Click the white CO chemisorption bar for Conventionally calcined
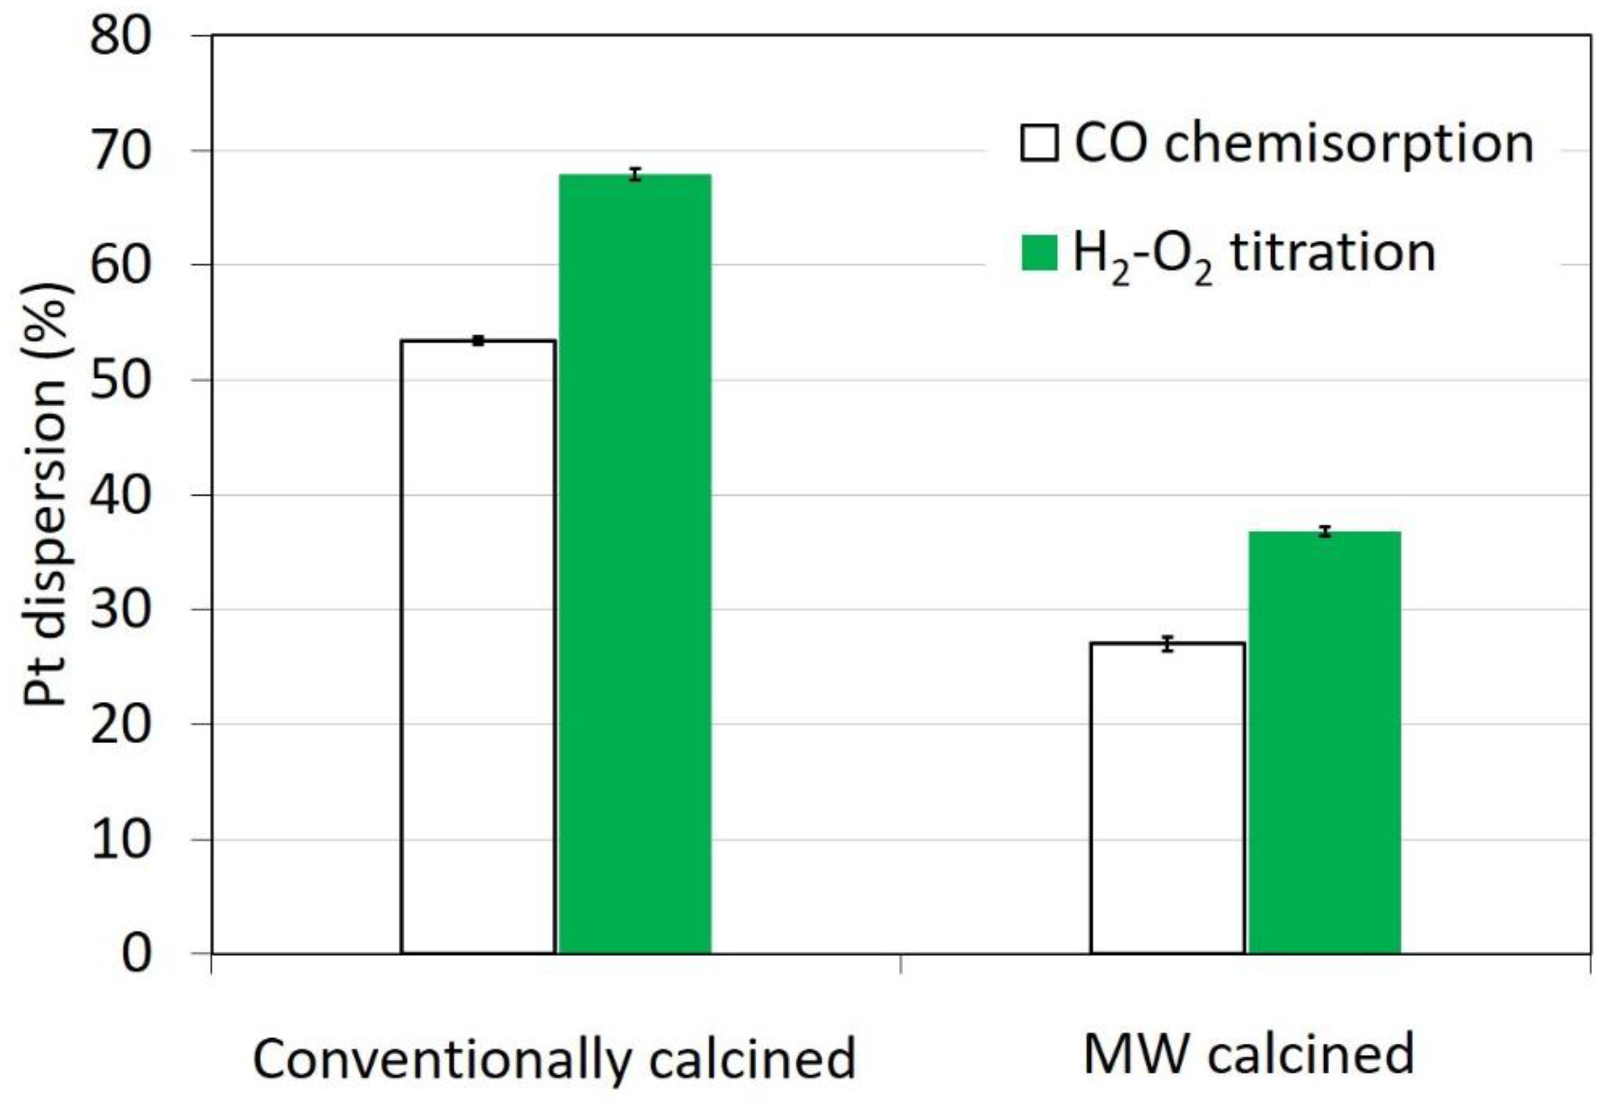[478, 647]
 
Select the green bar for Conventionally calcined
[635, 564]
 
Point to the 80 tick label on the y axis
[120, 36]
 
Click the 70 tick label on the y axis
[120, 151]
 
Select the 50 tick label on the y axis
[120, 380]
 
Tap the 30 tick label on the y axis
[120, 610]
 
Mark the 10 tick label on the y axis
[120, 840]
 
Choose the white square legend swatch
[1039, 143]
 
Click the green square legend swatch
[1039, 252]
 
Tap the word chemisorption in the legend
[1349, 145]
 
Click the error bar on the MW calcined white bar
[1168, 643]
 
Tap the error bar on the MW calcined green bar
[1324, 531]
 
